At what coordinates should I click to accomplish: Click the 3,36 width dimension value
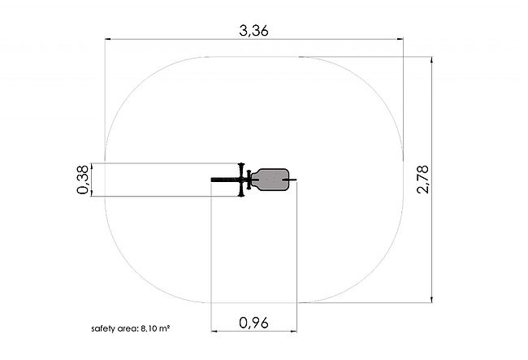tap(253, 31)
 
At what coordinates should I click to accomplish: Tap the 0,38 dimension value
tap(83, 180)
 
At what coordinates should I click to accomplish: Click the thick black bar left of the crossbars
tap(226, 180)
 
